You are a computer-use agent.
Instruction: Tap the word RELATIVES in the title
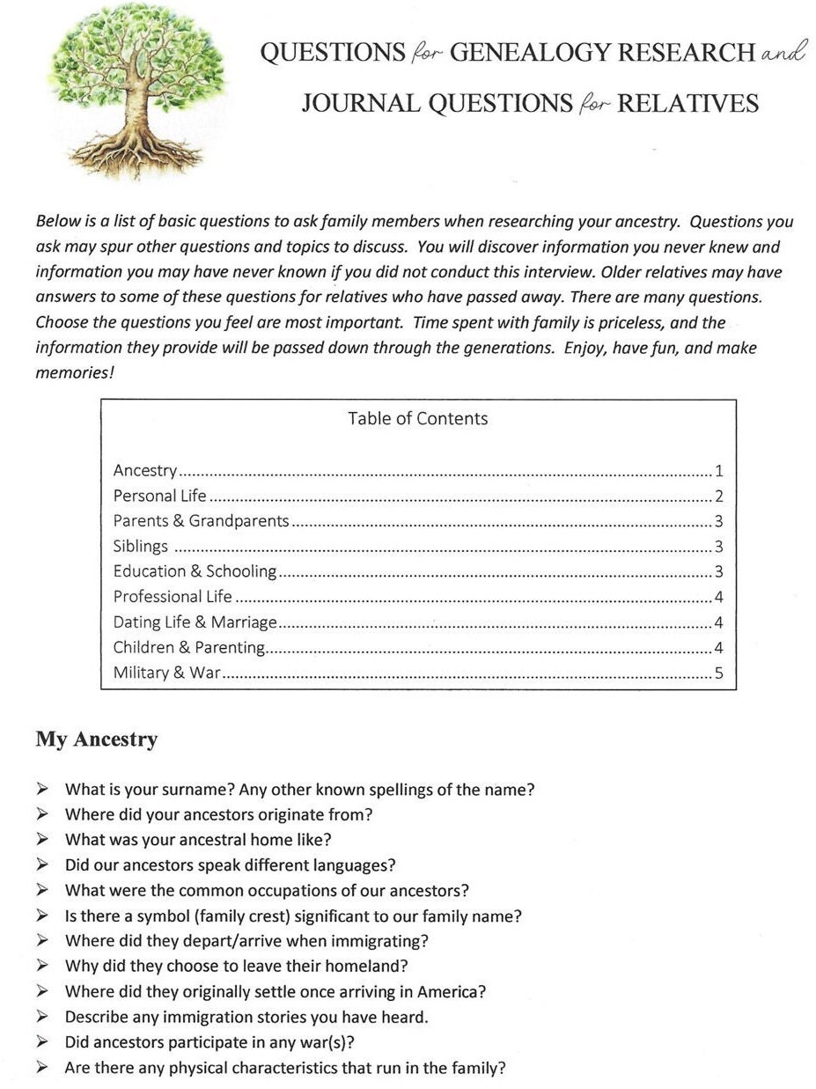687,104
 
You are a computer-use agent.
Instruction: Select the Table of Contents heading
417,418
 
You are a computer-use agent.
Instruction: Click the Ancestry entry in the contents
145,470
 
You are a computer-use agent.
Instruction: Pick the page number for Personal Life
719,496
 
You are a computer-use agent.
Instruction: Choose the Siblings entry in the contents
140,546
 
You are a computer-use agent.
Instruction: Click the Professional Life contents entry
173,597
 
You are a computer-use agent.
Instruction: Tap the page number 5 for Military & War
719,674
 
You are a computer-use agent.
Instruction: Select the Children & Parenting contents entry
188,648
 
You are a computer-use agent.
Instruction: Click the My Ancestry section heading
97,739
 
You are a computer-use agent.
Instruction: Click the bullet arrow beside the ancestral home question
42,840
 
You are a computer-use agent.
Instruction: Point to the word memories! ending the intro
75,372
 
